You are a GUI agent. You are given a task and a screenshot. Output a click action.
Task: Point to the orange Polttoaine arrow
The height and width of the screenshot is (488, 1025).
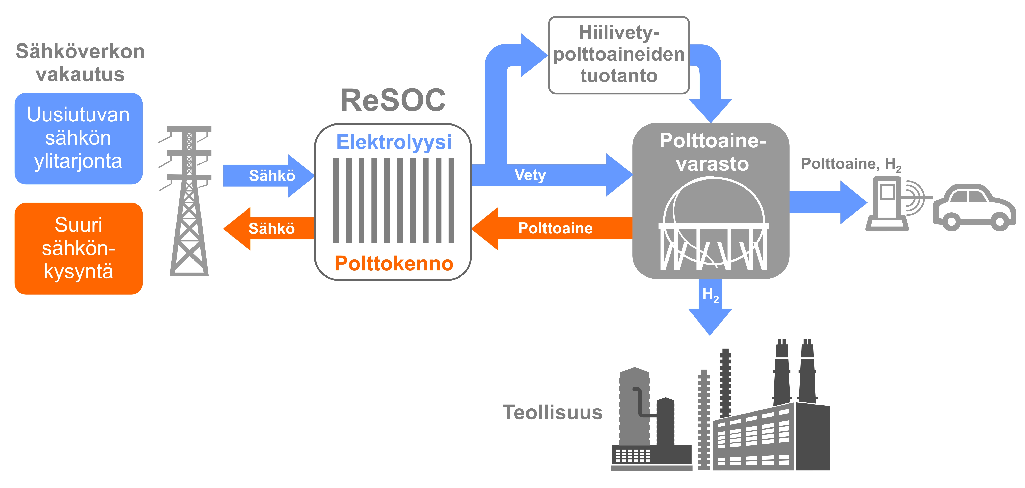point(555,229)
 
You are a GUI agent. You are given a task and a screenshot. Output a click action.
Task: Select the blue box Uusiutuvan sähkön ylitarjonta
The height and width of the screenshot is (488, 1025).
point(78,138)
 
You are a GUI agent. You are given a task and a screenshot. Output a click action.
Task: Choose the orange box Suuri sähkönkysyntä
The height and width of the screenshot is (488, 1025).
point(78,248)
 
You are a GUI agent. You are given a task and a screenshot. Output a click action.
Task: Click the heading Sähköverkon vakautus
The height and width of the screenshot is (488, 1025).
point(80,63)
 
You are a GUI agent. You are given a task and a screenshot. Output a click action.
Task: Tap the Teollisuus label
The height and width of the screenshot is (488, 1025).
point(552,412)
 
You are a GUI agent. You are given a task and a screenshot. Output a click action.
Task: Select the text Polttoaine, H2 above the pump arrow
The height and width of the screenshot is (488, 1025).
point(851,164)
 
